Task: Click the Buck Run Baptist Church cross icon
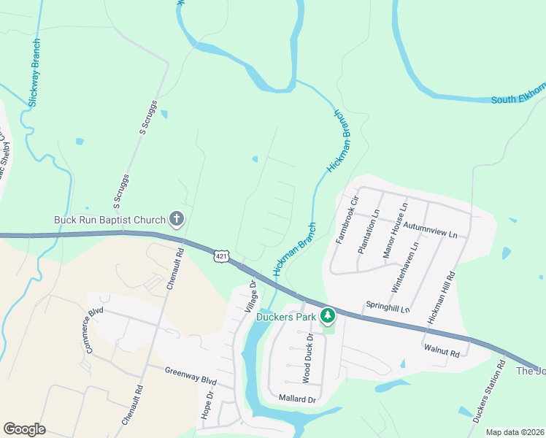pos(176,218)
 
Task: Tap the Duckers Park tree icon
pos(328,315)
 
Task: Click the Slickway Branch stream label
pos(34,74)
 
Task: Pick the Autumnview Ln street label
pos(428,228)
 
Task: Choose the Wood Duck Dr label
pos(308,358)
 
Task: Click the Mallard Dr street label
pos(297,399)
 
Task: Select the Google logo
pos(24,429)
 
